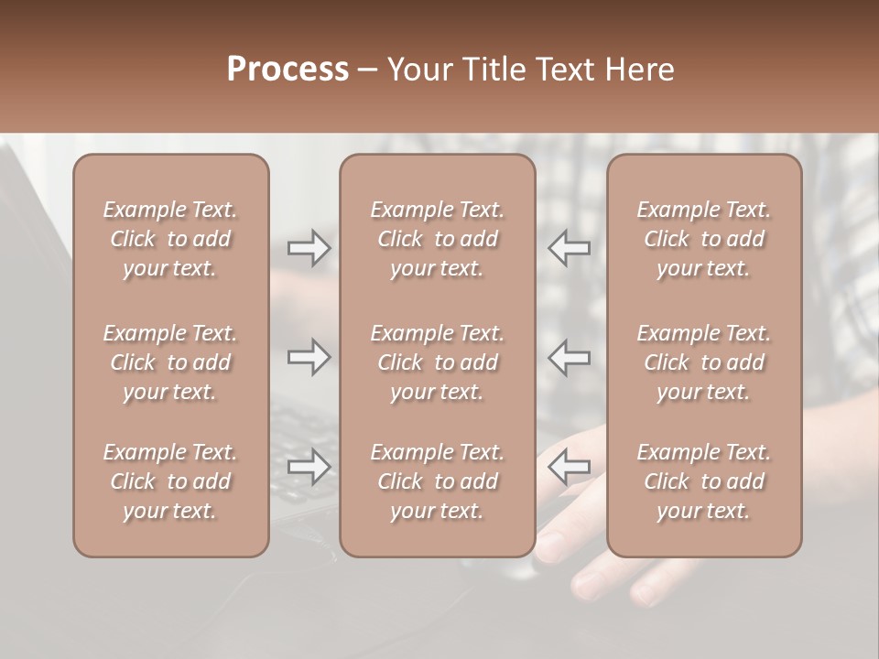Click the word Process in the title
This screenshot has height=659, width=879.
pyautogui.click(x=288, y=70)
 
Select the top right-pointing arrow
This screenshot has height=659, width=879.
pyautogui.click(x=309, y=248)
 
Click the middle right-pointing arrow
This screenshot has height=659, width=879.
pyautogui.click(x=309, y=357)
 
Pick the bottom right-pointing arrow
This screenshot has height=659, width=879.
pyautogui.click(x=309, y=467)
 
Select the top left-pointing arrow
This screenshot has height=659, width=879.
pyautogui.click(x=569, y=248)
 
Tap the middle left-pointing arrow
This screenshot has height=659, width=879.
pyautogui.click(x=569, y=357)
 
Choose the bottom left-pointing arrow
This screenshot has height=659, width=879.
pyautogui.click(x=569, y=467)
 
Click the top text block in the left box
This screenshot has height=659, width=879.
pyautogui.click(x=170, y=239)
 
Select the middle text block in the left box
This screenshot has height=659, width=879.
pyautogui.click(x=170, y=362)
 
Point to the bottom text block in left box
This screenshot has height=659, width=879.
pyautogui.click(x=170, y=481)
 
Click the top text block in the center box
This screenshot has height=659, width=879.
pyautogui.click(x=437, y=239)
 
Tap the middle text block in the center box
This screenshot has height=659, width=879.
pyautogui.click(x=437, y=362)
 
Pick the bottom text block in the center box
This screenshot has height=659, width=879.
pyautogui.click(x=437, y=481)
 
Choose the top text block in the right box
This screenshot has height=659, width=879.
pyautogui.click(x=704, y=239)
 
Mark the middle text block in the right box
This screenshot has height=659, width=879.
pyautogui.click(x=704, y=362)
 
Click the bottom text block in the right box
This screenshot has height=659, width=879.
pyautogui.click(x=704, y=481)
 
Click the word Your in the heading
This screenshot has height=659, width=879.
pyautogui.click(x=417, y=70)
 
